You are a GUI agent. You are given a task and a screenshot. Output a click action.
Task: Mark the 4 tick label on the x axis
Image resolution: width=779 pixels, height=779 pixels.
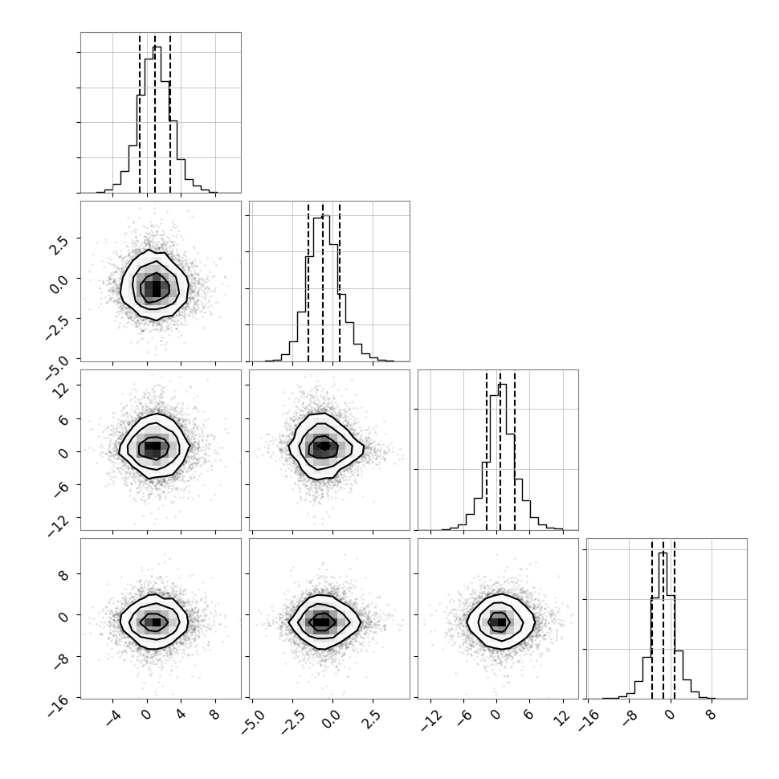coord(181,716)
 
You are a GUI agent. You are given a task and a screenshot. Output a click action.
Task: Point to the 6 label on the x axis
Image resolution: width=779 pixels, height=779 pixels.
coord(529,716)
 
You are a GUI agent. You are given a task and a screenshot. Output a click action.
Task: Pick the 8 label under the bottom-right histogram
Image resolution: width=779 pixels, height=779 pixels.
coord(712,716)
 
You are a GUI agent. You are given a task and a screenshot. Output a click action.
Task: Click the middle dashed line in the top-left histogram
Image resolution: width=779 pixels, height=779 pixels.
coord(155,114)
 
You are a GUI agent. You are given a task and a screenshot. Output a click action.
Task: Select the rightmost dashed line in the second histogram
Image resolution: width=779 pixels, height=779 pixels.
coord(340,282)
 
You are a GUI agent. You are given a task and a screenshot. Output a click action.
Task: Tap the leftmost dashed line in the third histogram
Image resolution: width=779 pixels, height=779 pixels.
coord(487,451)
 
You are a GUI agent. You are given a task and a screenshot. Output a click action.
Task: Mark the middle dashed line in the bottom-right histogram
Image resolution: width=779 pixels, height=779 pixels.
coord(663,619)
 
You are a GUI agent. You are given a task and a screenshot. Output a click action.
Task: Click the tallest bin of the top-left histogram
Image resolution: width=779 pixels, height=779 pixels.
coord(157,119)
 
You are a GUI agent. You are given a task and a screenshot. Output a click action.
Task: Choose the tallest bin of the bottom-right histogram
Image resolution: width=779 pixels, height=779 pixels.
coord(663,626)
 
